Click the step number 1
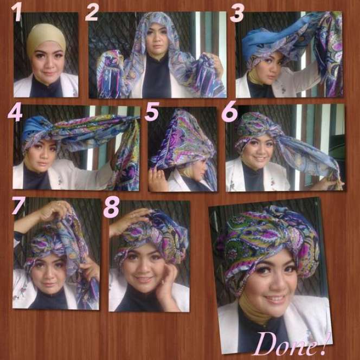[x=16, y=11]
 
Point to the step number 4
[x=15, y=112]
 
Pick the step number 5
[x=152, y=112]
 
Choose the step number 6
[x=230, y=112]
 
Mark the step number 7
[x=18, y=205]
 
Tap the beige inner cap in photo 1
[x=46, y=37]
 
